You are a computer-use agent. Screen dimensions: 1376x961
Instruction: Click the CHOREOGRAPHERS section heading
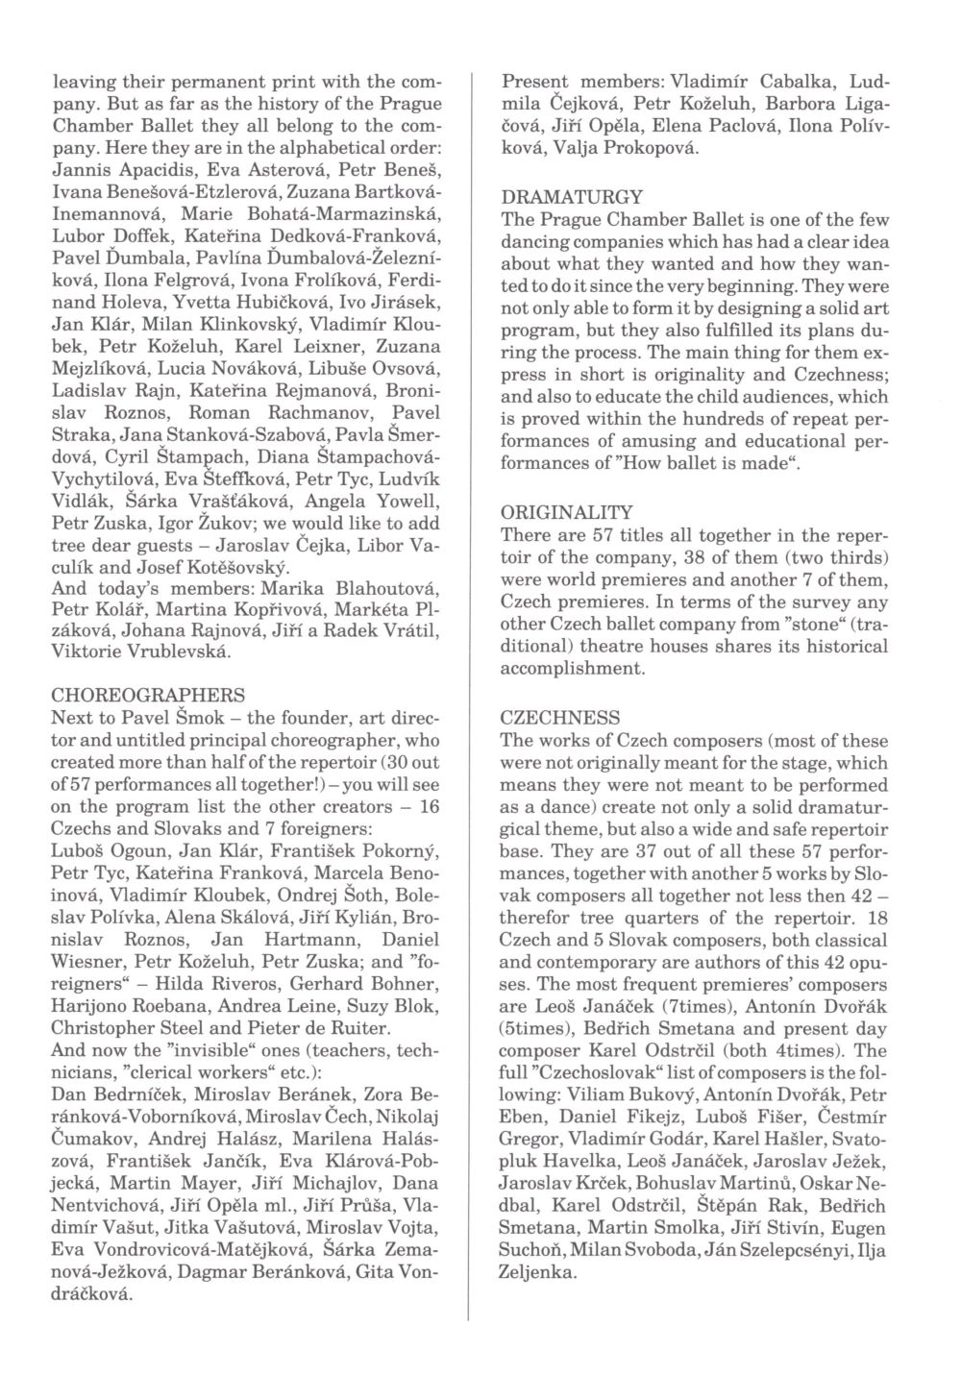click(x=147, y=694)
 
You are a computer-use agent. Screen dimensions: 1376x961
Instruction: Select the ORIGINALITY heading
click(x=567, y=513)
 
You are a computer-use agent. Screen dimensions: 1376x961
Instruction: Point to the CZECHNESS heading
click(x=560, y=717)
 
